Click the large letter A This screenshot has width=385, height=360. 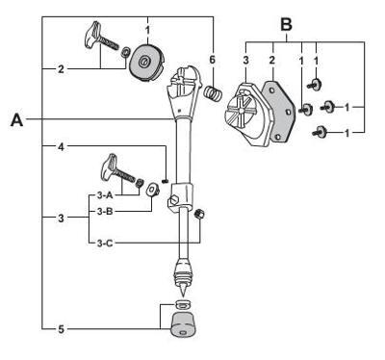tap(17, 119)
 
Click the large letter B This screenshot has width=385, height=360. tap(287, 24)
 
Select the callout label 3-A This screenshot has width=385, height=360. tap(105, 194)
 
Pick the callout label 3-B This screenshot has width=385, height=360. tap(105, 211)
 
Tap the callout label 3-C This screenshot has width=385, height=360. tap(105, 244)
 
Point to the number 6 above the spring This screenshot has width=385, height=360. tap(212, 60)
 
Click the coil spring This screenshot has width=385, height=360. tap(214, 93)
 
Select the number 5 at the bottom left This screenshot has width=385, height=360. tap(61, 329)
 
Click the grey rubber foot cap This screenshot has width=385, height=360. tap(184, 324)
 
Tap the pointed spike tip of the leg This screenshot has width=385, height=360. tap(182, 292)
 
